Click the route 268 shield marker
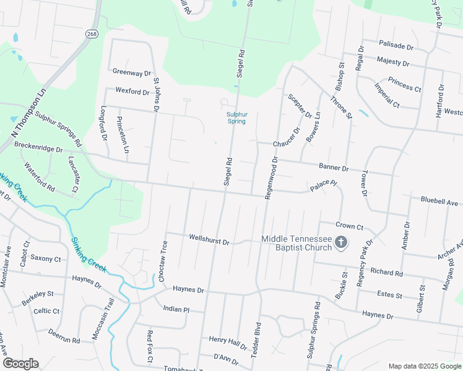(x=92, y=33)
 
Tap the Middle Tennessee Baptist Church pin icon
(x=340, y=243)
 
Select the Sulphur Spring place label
(x=236, y=117)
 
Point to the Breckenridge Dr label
(x=39, y=150)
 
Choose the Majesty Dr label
(x=393, y=62)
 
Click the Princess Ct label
(x=404, y=84)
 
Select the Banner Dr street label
(x=334, y=168)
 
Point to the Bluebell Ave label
(x=439, y=202)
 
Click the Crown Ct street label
(x=349, y=227)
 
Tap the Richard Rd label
(x=386, y=272)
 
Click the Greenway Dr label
(x=132, y=72)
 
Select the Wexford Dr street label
(x=132, y=92)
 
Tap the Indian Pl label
(x=176, y=309)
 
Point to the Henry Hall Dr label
(x=228, y=340)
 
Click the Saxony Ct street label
(x=46, y=259)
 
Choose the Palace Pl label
(x=324, y=184)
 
